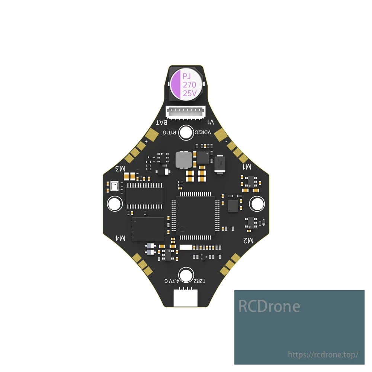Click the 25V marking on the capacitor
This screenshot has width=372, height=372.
tap(190, 93)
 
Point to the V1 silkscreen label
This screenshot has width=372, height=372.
tap(210, 122)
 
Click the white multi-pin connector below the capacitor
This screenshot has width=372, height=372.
tap(186, 112)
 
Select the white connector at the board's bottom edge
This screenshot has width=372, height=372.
tap(186, 298)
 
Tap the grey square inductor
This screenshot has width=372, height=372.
tap(183, 160)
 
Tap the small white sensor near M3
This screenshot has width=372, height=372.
tap(115, 186)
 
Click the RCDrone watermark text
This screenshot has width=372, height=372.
tap(269, 306)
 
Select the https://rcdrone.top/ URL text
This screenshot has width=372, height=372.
tap(323, 355)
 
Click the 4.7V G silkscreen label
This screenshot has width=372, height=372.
tap(172, 280)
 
